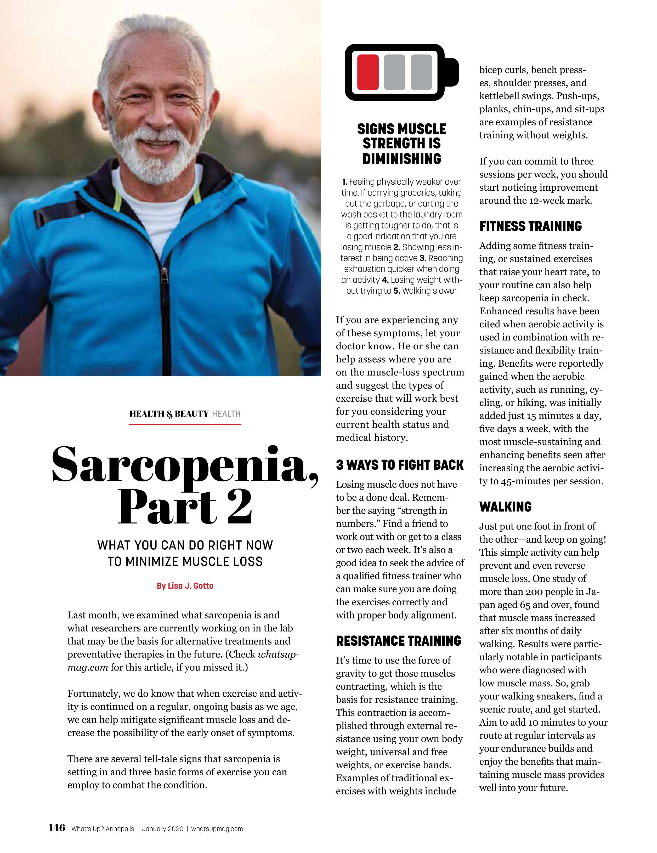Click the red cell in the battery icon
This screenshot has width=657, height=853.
(x=367, y=72)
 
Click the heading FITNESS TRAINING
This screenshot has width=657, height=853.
(x=530, y=226)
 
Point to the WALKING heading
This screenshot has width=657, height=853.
(x=506, y=507)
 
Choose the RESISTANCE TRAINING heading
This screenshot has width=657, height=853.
(x=398, y=641)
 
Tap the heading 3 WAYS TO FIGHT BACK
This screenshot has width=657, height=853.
(x=399, y=465)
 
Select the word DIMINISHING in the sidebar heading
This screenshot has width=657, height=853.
(x=401, y=159)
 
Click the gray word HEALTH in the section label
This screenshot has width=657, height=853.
(x=226, y=414)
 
